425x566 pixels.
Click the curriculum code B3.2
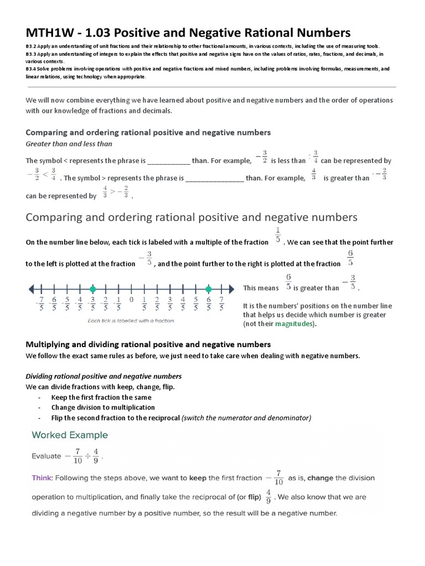pyautogui.click(x=30, y=46)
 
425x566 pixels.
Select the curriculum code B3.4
pyautogui.click(x=30, y=70)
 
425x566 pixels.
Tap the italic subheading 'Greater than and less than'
pyautogui.click(x=69, y=144)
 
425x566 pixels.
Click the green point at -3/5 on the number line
pyautogui.click(x=92, y=289)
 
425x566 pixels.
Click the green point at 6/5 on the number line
pyautogui.click(x=208, y=289)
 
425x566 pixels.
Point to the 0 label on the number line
pyautogui.click(x=131, y=300)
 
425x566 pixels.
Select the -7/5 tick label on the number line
pyautogui.click(x=40, y=304)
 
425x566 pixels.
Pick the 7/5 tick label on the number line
pyautogui.click(x=221, y=304)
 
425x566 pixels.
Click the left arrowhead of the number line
pyautogui.click(x=31, y=289)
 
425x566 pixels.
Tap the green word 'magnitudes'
pyautogui.click(x=293, y=324)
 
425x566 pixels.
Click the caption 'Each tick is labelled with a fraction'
pyautogui.click(x=131, y=320)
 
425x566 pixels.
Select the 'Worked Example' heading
pyautogui.click(x=70, y=435)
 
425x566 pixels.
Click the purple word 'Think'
pyautogui.click(x=42, y=478)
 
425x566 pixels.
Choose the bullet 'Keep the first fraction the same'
pyautogui.click(x=101, y=397)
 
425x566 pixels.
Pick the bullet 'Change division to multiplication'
pyautogui.click(x=103, y=407)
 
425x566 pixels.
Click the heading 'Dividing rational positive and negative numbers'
pyautogui.click(x=103, y=376)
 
